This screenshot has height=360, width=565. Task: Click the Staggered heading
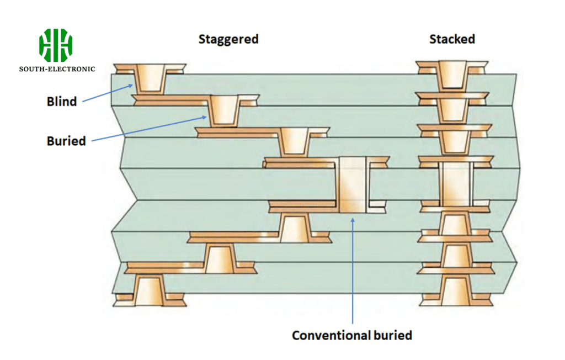tap(228, 39)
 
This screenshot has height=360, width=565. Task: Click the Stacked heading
tap(452, 39)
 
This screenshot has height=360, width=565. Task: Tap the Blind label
tap(61, 102)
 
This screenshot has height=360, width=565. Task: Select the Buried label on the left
tap(66, 141)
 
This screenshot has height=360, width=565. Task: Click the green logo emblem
tap(56, 45)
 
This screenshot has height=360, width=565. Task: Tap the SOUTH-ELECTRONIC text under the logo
tap(57, 69)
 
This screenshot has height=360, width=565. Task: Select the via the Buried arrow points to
tap(224, 110)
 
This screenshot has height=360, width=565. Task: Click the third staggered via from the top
tap(294, 142)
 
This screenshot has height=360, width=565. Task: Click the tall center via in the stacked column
tap(456, 184)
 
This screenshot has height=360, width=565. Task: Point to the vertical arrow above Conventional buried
tap(353, 271)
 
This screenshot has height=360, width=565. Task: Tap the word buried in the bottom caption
tap(392, 335)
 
